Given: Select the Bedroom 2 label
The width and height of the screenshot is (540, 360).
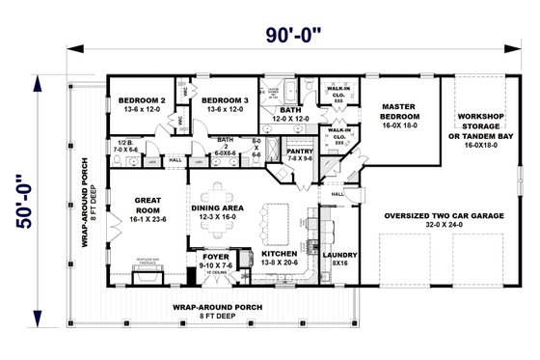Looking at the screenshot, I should coord(143,104).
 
